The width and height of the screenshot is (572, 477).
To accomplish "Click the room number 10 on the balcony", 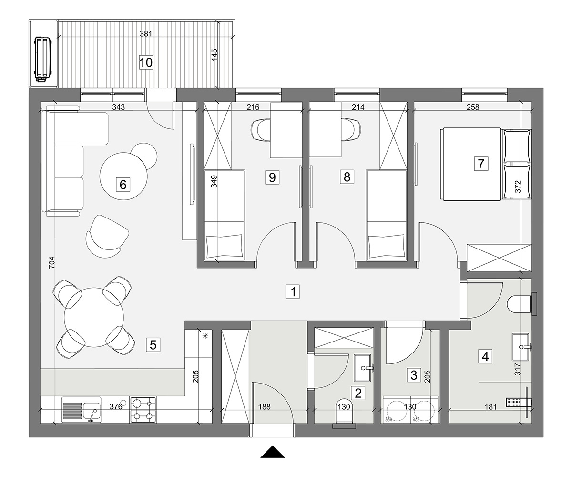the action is coord(146,62).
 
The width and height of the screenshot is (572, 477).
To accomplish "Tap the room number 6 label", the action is coord(123,185).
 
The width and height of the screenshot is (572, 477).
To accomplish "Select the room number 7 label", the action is coord(481,164).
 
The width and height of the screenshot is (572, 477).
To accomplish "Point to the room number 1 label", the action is coord(293,291).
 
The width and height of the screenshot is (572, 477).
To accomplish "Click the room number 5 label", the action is coord(153,345).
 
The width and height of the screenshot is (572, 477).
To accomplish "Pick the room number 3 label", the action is coord(414,375).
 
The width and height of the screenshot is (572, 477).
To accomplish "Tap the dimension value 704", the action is coord(52,262).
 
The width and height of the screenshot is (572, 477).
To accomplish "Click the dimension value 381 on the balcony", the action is coord(146,34).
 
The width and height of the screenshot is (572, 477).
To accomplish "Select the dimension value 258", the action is coord(473,107).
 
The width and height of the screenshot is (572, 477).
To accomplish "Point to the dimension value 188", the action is coord(265,407).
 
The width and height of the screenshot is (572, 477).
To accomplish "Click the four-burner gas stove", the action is coord(143,410).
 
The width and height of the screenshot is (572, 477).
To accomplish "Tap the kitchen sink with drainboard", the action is coord(82,410).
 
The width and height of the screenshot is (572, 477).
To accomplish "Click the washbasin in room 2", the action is coord(364,368).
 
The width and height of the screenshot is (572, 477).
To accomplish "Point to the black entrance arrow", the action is coord(272,452).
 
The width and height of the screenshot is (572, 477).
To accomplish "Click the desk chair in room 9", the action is coord(261,130).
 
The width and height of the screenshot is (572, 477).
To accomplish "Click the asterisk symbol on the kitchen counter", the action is coord(205,336).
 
